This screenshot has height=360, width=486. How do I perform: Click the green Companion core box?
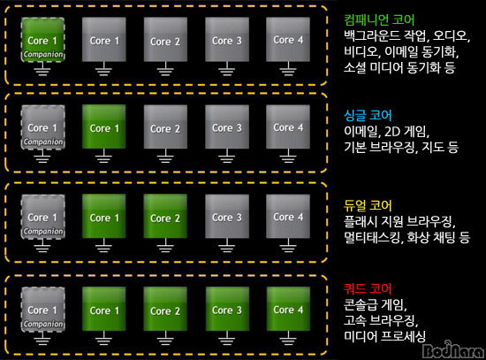tap(42, 40)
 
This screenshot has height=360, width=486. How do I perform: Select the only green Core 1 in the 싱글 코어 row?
tap(104, 126)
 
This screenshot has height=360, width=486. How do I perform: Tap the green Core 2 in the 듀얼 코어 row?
tap(165, 216)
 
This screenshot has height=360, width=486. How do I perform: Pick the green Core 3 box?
tap(227, 309)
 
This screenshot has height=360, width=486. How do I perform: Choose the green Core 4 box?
tap(288, 309)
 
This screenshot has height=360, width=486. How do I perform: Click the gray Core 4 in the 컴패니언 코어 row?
tap(288, 40)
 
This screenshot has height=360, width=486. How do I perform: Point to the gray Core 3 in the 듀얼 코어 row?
tap(227, 216)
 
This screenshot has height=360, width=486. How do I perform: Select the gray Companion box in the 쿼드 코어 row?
tap(42, 309)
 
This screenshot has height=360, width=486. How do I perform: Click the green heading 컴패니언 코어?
tap(379, 19)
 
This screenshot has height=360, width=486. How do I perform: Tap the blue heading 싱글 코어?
tap(368, 116)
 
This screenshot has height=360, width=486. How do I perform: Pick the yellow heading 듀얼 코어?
tap(368, 205)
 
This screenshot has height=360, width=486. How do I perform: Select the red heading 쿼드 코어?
tap(368, 288)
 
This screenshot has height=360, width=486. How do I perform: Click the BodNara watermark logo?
tap(453, 349)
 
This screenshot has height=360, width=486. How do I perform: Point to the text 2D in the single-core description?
tap(392, 132)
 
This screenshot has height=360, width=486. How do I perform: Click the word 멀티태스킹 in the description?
tap(372, 238)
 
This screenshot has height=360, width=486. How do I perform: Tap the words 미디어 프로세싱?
tap(384, 336)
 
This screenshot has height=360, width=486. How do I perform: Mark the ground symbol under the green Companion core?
tap(42, 70)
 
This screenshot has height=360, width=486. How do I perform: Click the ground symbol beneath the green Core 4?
tap(288, 338)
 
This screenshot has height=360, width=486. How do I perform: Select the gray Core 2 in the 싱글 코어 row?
tap(165, 126)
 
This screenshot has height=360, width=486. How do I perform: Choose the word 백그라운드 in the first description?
tap(372, 36)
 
